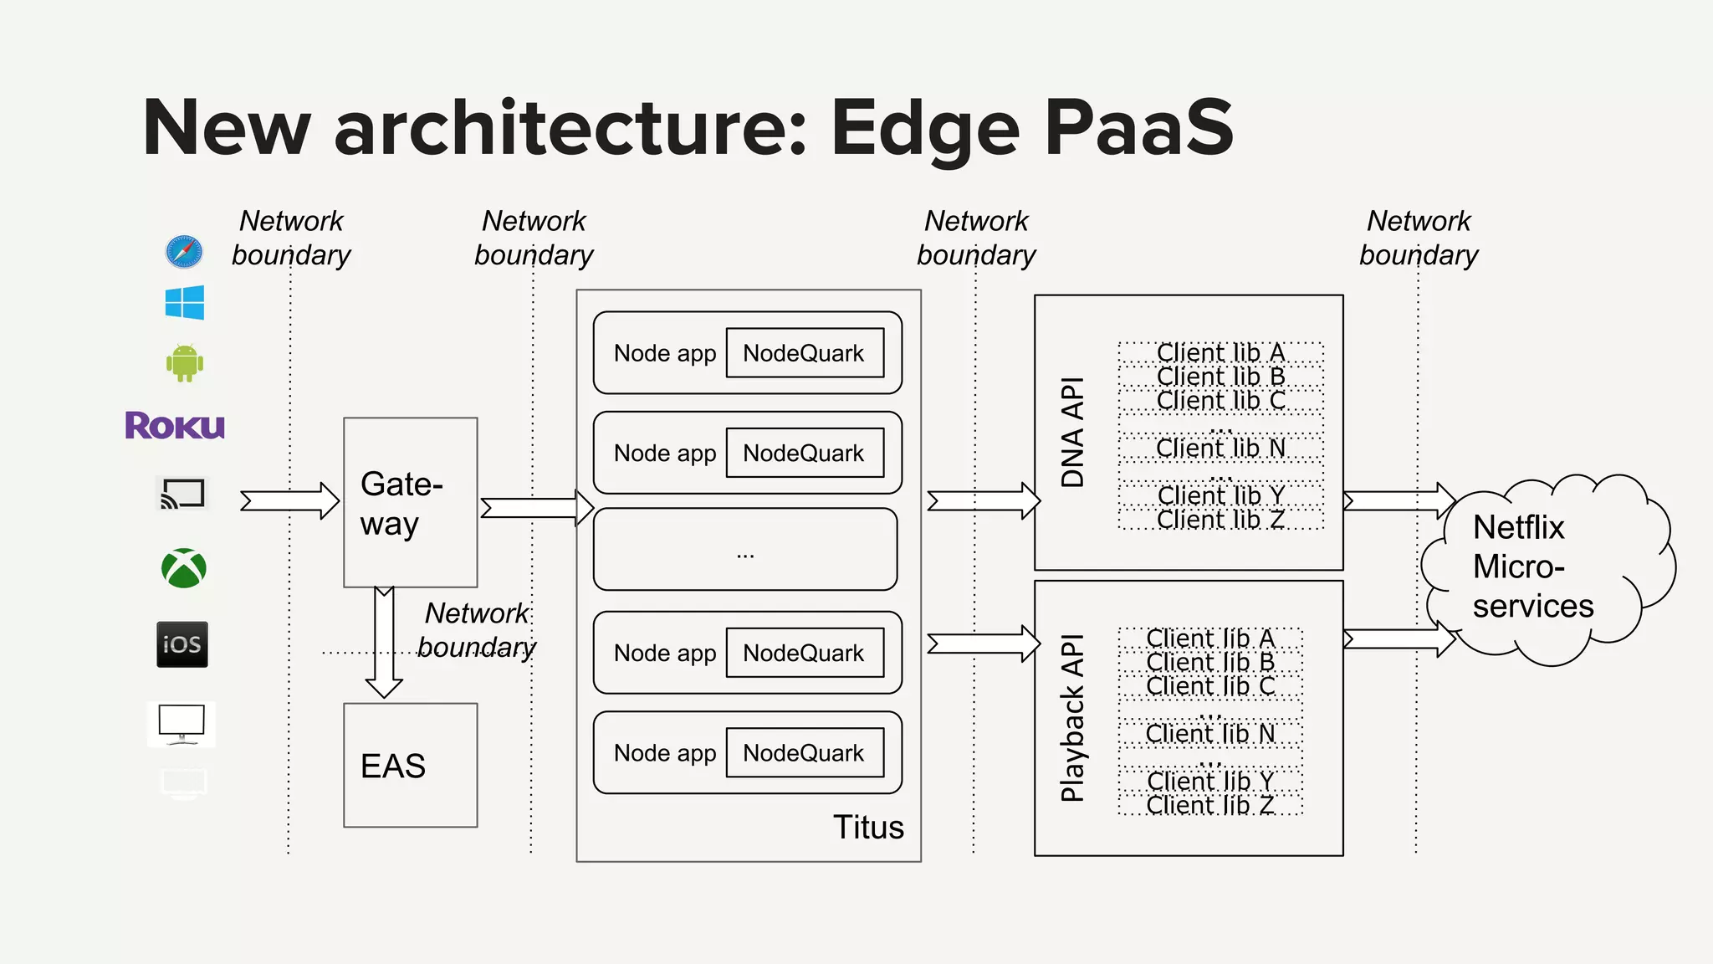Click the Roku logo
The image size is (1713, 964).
[x=175, y=425]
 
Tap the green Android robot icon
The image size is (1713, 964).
[x=185, y=363]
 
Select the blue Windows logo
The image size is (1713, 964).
[x=185, y=302]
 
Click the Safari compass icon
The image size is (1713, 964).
[x=184, y=251]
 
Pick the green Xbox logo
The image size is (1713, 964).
[x=184, y=568]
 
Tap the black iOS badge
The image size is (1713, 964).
[x=182, y=644]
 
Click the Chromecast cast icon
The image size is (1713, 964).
[x=182, y=494]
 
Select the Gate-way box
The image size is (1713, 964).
[x=410, y=502]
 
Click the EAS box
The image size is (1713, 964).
[x=410, y=765]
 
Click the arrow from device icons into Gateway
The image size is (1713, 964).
[x=289, y=500]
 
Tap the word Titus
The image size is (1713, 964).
[x=868, y=827]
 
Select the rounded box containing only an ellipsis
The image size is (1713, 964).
[x=745, y=550]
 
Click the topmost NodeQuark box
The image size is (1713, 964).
[x=805, y=352]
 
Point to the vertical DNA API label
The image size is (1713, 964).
[x=1072, y=432]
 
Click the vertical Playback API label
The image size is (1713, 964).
[x=1072, y=718]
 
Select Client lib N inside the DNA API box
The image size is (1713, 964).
[x=1220, y=449]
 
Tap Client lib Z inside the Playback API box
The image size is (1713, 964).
[x=1210, y=805]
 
